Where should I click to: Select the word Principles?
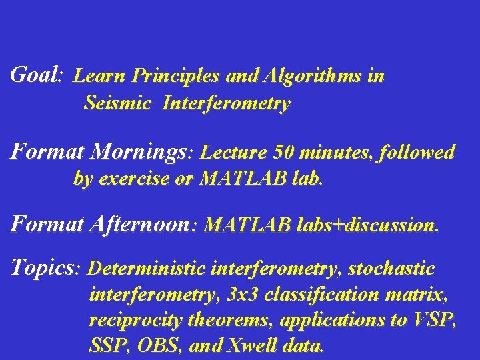pyautogui.click(x=176, y=77)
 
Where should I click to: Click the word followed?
pyautogui.click(x=417, y=153)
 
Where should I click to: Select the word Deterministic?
pyautogui.click(x=146, y=269)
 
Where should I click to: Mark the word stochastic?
pyautogui.click(x=391, y=269)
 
